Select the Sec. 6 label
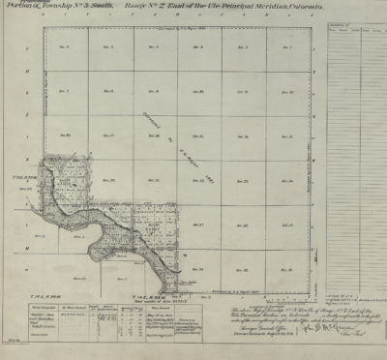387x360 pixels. coord(67,46)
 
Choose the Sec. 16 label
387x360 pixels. coord(155,135)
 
